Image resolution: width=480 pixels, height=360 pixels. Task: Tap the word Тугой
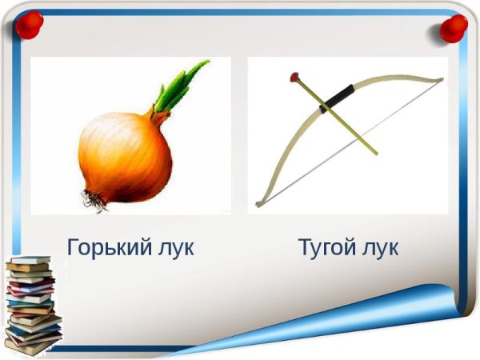click(x=326, y=247)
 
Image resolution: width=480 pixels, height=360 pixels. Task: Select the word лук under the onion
click(x=171, y=247)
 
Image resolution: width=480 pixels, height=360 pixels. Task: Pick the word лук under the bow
click(x=377, y=247)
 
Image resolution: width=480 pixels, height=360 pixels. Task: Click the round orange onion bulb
click(x=126, y=158)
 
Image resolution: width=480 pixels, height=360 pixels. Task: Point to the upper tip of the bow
click(x=441, y=78)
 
